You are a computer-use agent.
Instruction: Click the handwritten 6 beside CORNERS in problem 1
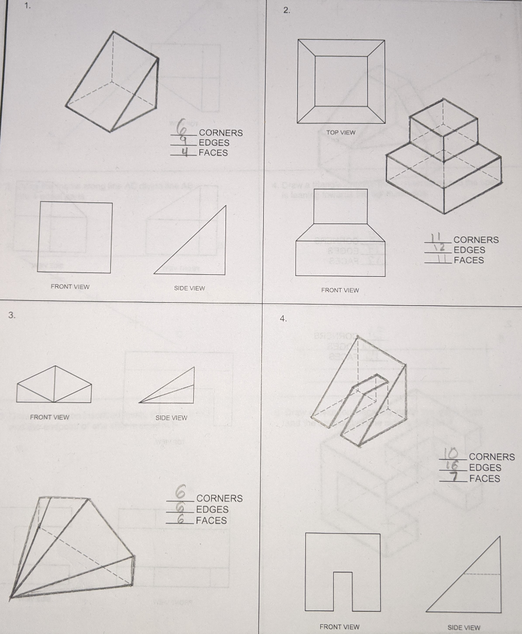[183, 129]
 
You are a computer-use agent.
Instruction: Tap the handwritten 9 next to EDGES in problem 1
[183, 142]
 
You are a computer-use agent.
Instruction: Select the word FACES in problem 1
[213, 153]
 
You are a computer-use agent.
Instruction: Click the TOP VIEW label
[341, 132]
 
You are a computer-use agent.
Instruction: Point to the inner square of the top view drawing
[341, 81]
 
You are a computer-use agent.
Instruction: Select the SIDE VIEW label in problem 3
[171, 418]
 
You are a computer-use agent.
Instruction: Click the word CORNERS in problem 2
[476, 240]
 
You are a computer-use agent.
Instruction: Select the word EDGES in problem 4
[485, 467]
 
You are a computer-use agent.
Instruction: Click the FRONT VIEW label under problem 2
[340, 290]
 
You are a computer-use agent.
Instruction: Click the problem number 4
[283, 318]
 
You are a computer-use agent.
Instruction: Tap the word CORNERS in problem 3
[219, 498]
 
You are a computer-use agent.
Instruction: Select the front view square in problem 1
[75, 237]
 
